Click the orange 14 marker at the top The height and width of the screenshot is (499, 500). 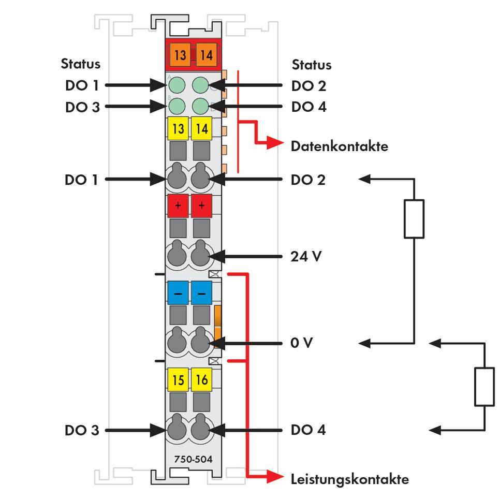[206, 54]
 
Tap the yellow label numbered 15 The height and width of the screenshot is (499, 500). [178, 380]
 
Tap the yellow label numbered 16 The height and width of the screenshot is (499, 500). [201, 380]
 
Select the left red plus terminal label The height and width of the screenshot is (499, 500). [178, 206]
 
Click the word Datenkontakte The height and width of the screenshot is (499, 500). [339, 146]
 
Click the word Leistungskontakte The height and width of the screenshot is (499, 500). [349, 479]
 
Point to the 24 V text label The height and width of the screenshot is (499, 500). [306, 256]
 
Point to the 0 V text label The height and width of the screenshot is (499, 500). [302, 343]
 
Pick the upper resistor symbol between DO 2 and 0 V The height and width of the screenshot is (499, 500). [414, 218]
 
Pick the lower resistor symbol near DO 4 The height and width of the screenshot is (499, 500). [484, 386]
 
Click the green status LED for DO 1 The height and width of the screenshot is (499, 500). [177, 85]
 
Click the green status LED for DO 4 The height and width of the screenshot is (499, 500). [201, 106]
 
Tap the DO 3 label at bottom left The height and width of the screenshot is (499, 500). [82, 430]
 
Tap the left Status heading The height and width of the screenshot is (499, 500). [81, 64]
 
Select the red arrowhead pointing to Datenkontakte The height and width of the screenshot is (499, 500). [274, 143]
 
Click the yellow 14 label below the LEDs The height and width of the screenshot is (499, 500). [201, 129]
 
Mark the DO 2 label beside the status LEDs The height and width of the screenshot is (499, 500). [308, 86]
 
